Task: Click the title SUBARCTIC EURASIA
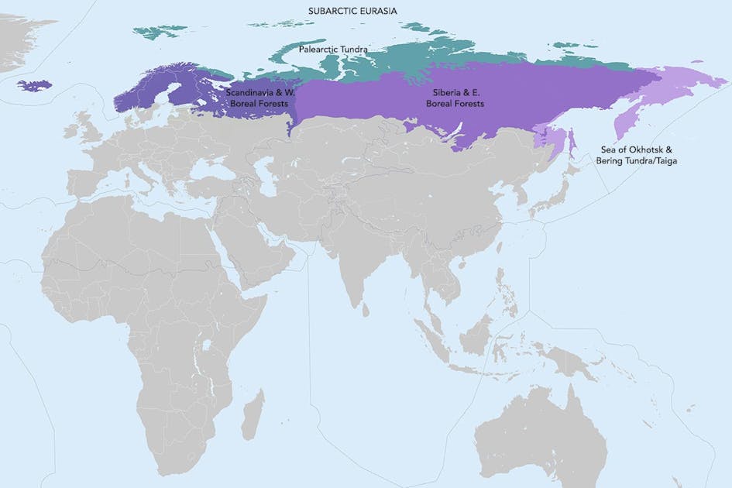click(352, 10)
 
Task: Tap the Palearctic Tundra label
click(333, 49)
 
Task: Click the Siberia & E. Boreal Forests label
click(459, 97)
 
